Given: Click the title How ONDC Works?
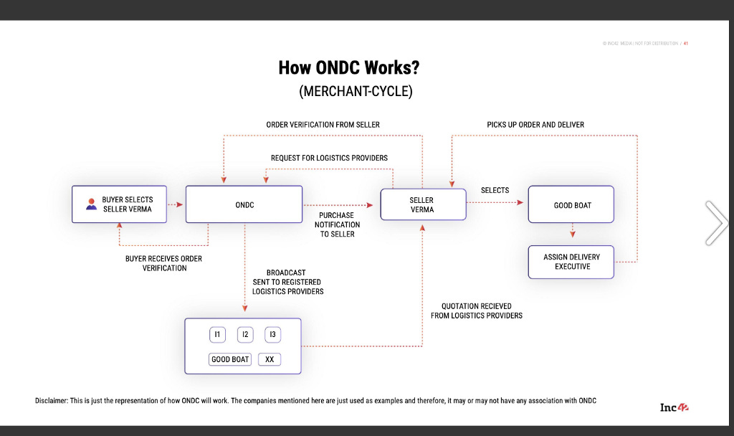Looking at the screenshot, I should [348, 68].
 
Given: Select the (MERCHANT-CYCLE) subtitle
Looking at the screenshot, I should [356, 91].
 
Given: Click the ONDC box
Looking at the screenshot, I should [244, 204].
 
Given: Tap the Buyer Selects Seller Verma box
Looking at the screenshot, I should [118, 204].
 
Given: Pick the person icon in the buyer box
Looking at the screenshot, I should [91, 204].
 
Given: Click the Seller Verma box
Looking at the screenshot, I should [421, 204].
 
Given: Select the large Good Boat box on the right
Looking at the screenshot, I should [571, 205].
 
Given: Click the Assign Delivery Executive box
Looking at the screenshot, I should [571, 262].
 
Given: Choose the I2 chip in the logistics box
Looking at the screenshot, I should [245, 334].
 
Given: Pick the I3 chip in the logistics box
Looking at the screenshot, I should [272, 334].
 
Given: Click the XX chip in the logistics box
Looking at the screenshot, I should [269, 359].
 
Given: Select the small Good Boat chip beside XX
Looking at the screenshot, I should [230, 359].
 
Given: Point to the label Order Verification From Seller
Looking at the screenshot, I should [323, 125].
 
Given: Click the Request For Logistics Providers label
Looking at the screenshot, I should [329, 158].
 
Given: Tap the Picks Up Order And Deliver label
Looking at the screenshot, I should [535, 125].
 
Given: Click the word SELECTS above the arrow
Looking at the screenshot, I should [495, 190].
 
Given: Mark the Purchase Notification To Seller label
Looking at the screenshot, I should [337, 224].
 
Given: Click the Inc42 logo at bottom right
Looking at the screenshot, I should [675, 407].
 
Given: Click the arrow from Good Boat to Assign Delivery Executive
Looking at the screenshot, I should [572, 231].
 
